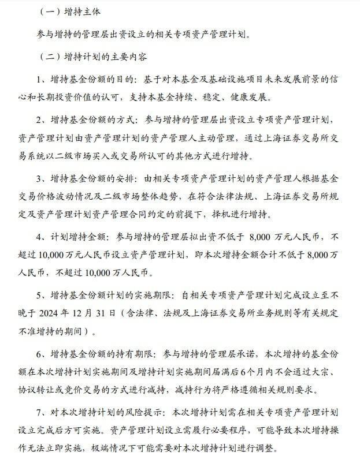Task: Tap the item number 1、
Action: (x=41, y=79)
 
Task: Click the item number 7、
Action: (x=41, y=413)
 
